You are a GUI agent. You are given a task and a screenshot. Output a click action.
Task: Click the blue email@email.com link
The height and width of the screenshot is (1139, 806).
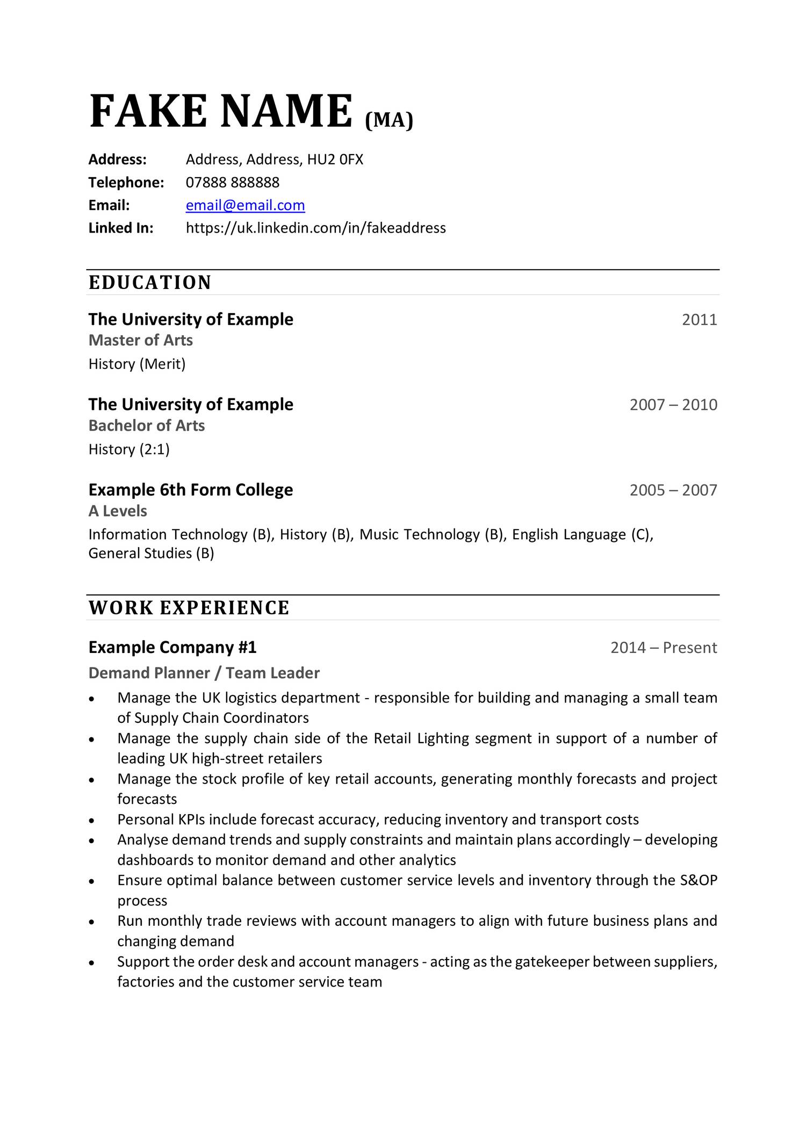tap(245, 205)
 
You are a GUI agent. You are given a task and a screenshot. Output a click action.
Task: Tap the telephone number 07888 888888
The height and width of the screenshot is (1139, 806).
tap(232, 183)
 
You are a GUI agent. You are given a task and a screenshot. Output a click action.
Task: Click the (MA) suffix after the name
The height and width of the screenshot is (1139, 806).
tap(389, 120)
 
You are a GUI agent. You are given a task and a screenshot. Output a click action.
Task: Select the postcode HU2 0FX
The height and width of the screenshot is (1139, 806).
tap(335, 159)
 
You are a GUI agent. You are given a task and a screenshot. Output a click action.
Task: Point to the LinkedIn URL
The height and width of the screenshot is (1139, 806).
tap(315, 228)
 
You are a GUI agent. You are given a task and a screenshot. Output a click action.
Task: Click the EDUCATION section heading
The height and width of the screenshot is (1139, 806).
tap(150, 282)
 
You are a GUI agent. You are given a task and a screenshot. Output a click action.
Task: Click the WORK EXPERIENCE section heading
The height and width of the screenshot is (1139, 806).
tap(189, 608)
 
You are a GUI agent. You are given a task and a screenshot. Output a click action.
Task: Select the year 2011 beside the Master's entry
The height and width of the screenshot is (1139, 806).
tap(699, 320)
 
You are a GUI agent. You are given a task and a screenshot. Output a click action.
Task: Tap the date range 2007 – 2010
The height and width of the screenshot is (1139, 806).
tap(673, 405)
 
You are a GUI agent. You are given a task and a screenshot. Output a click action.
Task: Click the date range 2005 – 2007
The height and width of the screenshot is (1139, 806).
tap(673, 490)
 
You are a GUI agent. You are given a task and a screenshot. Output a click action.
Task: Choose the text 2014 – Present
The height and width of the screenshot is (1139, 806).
tap(663, 648)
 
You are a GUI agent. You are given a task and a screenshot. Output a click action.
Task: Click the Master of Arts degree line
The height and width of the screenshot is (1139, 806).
tap(140, 340)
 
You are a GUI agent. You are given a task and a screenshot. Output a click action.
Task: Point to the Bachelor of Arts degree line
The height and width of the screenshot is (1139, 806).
tap(146, 426)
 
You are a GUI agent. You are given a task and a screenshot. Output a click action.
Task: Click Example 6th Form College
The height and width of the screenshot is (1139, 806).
tap(190, 490)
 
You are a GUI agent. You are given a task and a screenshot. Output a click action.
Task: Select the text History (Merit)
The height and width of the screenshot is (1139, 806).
tap(136, 364)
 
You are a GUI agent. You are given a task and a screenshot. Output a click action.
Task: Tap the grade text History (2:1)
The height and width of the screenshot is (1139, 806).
tap(128, 449)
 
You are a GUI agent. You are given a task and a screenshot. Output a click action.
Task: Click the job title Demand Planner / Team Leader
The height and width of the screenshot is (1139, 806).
tap(204, 673)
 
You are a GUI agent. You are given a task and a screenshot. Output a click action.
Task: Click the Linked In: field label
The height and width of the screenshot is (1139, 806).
tap(120, 228)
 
